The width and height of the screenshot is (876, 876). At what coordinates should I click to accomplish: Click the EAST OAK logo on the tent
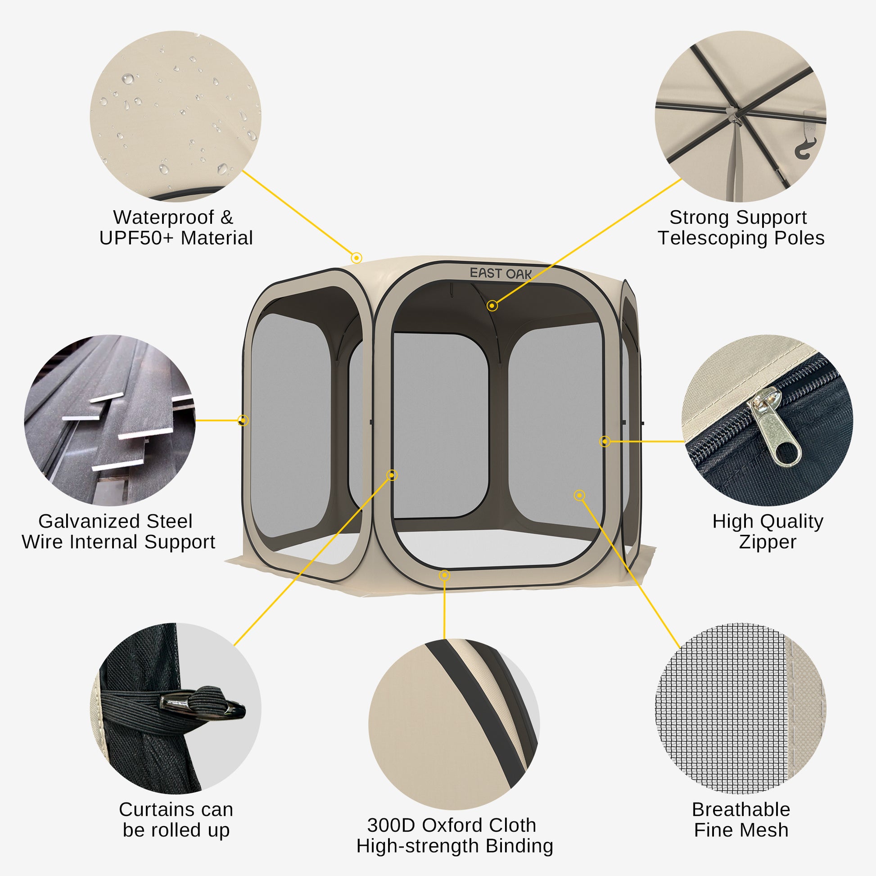[501, 273]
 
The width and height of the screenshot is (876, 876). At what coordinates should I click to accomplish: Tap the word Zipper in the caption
[767, 542]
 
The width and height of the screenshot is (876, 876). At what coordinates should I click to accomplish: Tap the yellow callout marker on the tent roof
[357, 258]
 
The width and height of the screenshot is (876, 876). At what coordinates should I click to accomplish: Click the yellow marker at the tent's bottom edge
[444, 575]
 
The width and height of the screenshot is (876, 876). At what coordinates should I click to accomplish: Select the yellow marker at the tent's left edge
[243, 420]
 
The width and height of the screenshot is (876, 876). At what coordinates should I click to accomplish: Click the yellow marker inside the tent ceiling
[492, 306]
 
